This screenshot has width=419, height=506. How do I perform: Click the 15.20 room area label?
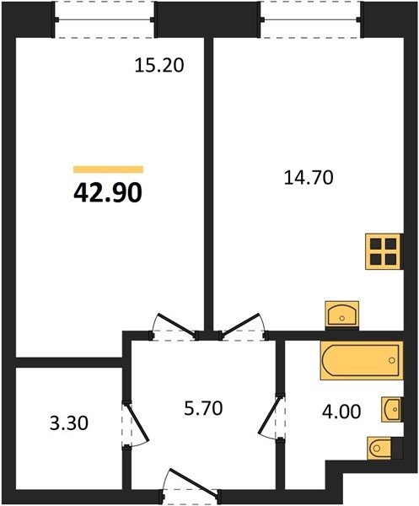159,66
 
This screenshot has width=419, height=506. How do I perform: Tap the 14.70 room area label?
309,178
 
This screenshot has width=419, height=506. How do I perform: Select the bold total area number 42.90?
108,193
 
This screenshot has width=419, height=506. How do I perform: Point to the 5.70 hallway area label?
203,408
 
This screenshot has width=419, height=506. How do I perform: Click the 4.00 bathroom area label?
341,412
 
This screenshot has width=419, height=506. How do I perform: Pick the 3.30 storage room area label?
69,423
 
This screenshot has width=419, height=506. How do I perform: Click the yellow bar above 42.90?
109,170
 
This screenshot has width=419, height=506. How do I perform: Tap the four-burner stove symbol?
384,251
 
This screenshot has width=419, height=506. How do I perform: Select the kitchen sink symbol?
342,315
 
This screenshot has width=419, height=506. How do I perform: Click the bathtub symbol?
362,360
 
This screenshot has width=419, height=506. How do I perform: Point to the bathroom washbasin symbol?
392,409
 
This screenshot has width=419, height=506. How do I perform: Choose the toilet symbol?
380,448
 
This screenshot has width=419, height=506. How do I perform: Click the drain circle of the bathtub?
392,360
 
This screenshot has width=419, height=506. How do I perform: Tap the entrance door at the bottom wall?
191,487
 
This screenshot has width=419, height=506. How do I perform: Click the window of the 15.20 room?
105,19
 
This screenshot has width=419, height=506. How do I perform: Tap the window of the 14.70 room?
310,19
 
